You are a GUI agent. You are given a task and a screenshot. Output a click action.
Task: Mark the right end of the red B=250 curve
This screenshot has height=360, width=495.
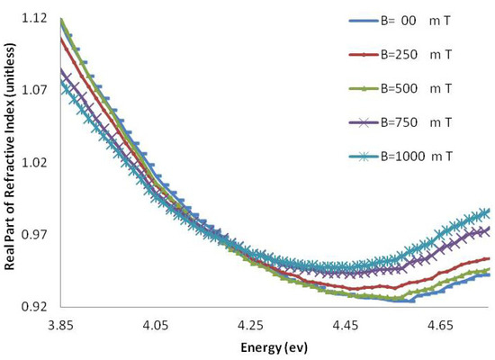click(x=489, y=259)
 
